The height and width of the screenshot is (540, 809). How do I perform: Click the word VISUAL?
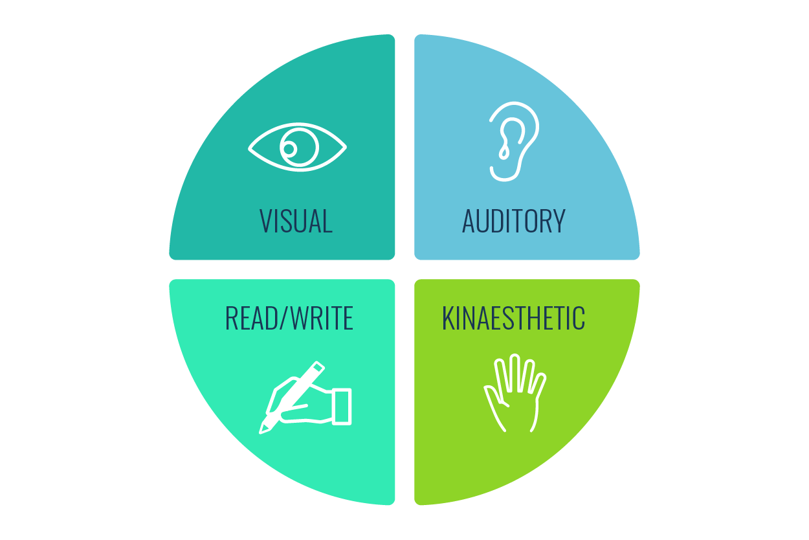[296, 221]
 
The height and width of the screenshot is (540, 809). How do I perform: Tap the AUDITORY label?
[513, 221]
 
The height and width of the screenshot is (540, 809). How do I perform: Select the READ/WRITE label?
[289, 318]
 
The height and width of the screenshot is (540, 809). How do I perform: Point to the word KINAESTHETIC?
[513, 318]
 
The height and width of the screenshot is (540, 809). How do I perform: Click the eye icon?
[297, 147]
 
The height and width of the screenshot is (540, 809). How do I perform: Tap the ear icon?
[513, 141]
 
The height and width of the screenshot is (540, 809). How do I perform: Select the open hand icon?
[515, 393]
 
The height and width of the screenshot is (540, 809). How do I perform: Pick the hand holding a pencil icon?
[305, 398]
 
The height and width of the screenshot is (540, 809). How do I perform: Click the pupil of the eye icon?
[290, 149]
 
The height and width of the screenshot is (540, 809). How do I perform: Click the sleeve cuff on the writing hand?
[341, 407]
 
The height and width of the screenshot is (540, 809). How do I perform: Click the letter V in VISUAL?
[265, 221]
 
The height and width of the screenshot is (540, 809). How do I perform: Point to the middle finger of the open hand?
[515, 372]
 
